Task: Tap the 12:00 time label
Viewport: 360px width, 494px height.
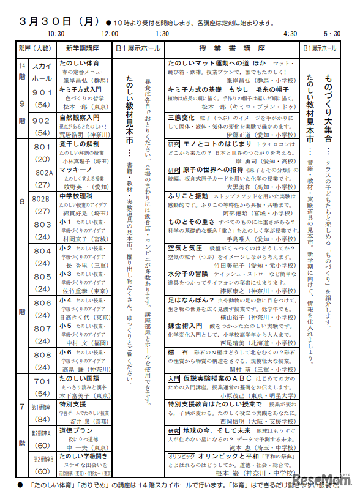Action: pyautogui.click(x=110, y=34)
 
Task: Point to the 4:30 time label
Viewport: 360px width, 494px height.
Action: pyautogui.click(x=291, y=34)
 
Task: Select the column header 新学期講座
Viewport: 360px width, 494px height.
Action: pyautogui.click(x=83, y=48)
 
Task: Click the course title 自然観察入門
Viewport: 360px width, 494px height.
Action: pyautogui.click(x=79, y=117)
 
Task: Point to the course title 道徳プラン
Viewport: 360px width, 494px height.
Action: pyautogui.click(x=75, y=430)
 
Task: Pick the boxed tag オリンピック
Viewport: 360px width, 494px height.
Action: pyautogui.click(x=181, y=457)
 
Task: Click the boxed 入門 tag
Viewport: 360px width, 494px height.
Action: pyautogui.click(x=174, y=379)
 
